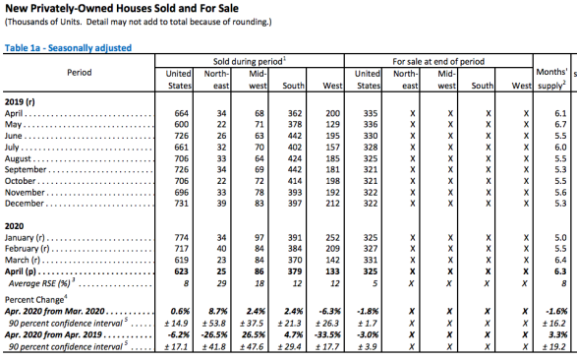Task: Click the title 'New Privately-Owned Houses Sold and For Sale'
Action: pyautogui.click(x=122, y=8)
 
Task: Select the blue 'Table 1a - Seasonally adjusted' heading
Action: pyautogui.click(x=68, y=48)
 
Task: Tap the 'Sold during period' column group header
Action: pyautogui.click(x=250, y=61)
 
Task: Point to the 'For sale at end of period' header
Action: pyautogui.click(x=438, y=61)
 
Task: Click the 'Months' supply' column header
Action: pyautogui.click(x=551, y=79)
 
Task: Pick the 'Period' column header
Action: pyautogui.click(x=79, y=73)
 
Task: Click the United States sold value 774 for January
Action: pyautogui.click(x=182, y=238)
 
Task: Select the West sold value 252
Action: pyautogui.click(x=332, y=238)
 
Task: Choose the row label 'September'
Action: pyautogui.click(x=26, y=170)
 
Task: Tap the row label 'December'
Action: pyautogui.click(x=25, y=204)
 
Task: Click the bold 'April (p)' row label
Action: pyautogui.click(x=21, y=272)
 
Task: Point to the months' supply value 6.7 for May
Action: pyautogui.click(x=560, y=124)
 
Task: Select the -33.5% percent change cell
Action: pyautogui.click(x=328, y=335)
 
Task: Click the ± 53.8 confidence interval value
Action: pyautogui.click(x=214, y=324)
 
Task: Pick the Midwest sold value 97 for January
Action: pyautogui.click(x=260, y=238)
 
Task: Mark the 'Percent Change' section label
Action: pyautogui.click(x=34, y=300)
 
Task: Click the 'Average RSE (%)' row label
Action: pyautogui.click(x=39, y=283)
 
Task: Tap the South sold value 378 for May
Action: pyautogui.click(x=295, y=124)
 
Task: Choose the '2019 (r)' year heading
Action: pyautogui.click(x=20, y=102)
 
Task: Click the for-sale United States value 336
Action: pyautogui.click(x=371, y=124)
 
